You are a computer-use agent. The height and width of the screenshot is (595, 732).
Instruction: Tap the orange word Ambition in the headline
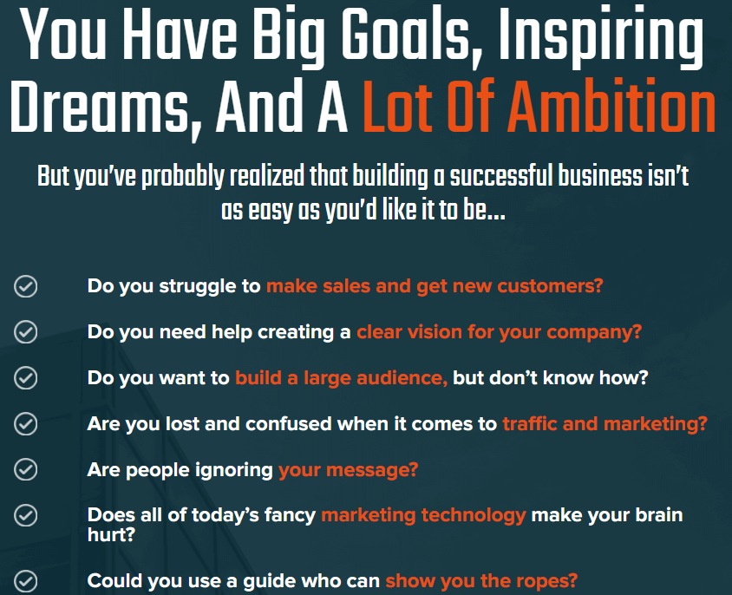tap(611, 107)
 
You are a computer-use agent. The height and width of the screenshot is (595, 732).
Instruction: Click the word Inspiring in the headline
tap(600, 37)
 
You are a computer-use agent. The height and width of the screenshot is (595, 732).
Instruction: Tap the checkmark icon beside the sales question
tap(26, 286)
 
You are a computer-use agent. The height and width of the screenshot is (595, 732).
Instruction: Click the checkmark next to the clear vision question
tap(26, 331)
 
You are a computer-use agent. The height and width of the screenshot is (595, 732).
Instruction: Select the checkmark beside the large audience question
tap(26, 377)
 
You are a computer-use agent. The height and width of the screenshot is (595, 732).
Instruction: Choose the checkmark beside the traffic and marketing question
tap(26, 423)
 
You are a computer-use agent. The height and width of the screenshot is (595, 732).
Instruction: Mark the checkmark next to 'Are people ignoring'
tap(26, 469)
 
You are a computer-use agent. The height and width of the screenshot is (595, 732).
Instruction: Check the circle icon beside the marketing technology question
tap(26, 515)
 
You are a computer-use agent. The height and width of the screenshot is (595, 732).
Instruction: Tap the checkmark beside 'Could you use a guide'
tap(26, 581)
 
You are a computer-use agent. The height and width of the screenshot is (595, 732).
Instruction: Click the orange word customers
tap(550, 286)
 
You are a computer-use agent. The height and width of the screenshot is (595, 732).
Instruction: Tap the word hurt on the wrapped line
tap(111, 534)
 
